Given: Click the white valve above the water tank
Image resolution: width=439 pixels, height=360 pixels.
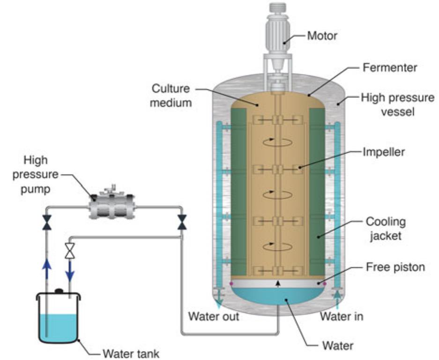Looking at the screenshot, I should pyautogui.click(x=70, y=251).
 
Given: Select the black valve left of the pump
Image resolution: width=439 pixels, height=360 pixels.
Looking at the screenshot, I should pyautogui.click(x=46, y=222).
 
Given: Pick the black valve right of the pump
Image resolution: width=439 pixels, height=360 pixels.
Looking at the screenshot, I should pyautogui.click(x=182, y=222).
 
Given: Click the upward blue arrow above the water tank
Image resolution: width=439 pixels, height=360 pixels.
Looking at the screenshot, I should pyautogui.click(x=46, y=269).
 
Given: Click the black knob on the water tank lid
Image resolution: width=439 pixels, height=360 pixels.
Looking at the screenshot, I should pyautogui.click(x=60, y=291).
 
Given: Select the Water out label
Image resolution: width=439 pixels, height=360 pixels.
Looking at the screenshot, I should pyautogui.click(x=213, y=317).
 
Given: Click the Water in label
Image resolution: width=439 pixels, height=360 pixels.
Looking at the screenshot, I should pyautogui.click(x=342, y=317).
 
